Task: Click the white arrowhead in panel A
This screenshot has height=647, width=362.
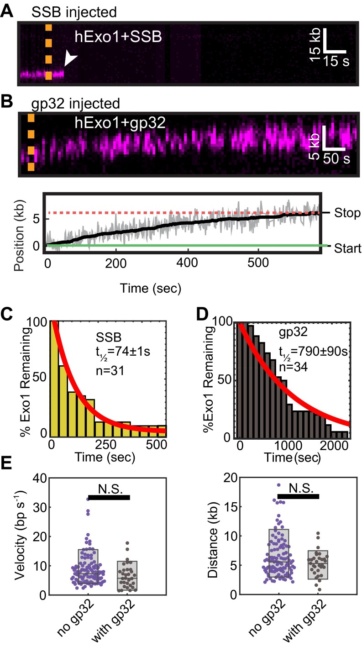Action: pyautogui.click(x=70, y=58)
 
